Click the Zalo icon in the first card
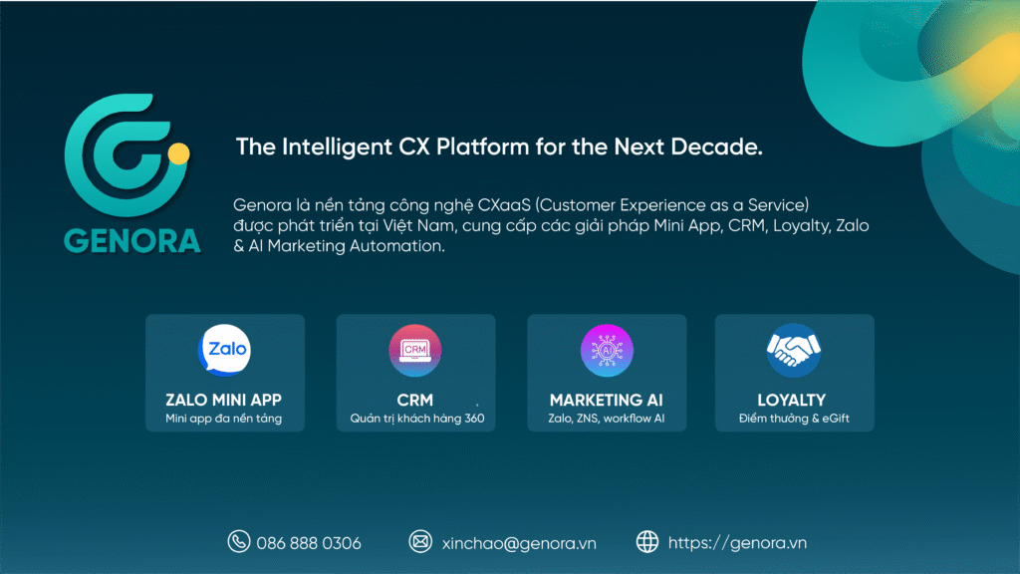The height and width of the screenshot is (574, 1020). point(224,349)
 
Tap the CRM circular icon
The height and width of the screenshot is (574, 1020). point(415,350)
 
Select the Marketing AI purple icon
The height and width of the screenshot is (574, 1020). point(607,350)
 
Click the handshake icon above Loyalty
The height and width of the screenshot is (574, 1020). point(793,350)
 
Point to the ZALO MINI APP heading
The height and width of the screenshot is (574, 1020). point(223,400)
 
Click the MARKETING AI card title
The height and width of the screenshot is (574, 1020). point(606,400)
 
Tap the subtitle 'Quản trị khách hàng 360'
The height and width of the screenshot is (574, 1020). point(416,419)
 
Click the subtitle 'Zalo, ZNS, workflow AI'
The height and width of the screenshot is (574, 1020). point(606,419)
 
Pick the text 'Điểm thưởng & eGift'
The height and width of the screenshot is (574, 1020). point(794,419)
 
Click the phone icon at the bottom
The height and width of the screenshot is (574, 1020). point(238,542)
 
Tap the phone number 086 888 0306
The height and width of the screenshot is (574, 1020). point(309,543)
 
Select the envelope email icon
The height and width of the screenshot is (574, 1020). point(420,542)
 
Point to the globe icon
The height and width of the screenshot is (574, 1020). point(647,542)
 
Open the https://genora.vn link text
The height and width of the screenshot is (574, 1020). point(737,543)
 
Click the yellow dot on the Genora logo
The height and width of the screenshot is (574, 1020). point(178,153)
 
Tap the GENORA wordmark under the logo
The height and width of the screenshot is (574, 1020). point(131,240)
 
